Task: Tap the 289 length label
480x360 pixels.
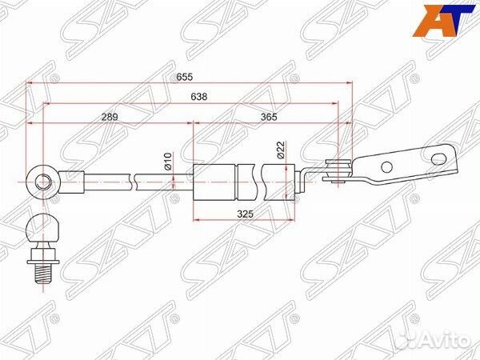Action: tap(110, 117)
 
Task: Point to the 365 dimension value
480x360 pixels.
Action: tap(270, 117)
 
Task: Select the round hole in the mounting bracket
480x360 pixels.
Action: tap(387, 167)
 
